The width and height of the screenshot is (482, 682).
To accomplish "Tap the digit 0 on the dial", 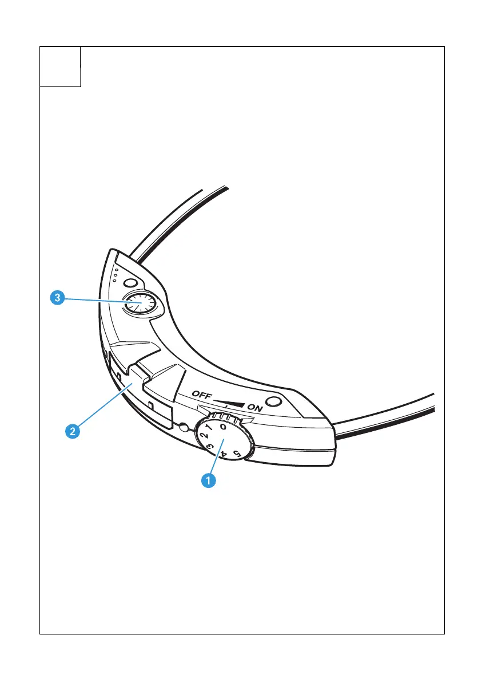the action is (224, 426).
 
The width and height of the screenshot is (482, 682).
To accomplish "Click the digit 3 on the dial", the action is (210, 447).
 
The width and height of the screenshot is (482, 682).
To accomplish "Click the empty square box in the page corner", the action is (60, 66).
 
